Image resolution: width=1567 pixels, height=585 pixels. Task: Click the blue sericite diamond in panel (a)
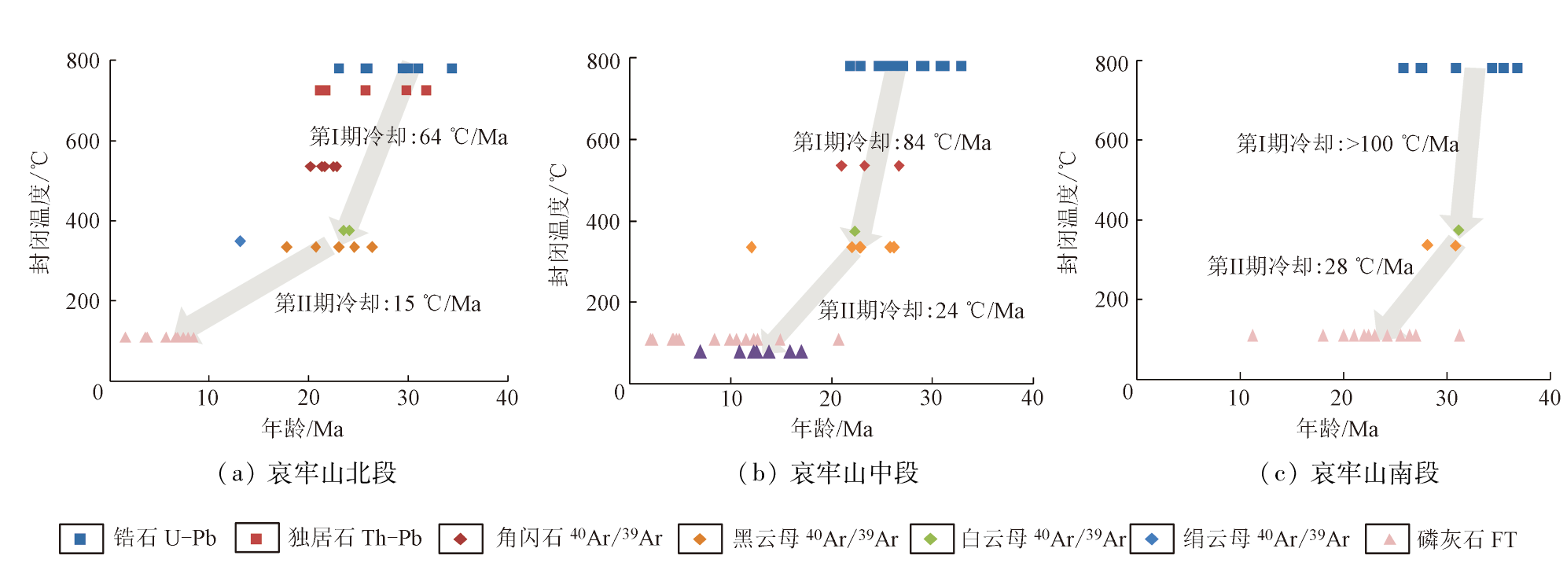(x=241, y=241)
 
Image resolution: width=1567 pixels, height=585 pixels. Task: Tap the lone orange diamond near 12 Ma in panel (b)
(x=751, y=247)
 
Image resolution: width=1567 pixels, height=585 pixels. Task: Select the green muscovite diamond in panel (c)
(x=1458, y=230)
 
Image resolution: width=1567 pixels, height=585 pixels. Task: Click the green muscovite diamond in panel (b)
(x=855, y=231)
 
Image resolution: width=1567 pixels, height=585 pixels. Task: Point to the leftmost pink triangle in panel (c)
(x=1252, y=336)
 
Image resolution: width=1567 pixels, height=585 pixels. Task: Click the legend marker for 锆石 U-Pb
(x=80, y=539)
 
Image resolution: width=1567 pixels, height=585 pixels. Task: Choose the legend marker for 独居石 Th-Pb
(x=256, y=539)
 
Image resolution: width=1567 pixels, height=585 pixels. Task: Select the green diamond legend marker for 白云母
(x=931, y=539)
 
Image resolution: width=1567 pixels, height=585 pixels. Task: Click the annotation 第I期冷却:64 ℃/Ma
(x=408, y=137)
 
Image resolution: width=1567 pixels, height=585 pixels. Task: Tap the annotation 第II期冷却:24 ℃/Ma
(x=921, y=311)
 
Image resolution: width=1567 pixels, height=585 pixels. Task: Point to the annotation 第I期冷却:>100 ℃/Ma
(x=1347, y=143)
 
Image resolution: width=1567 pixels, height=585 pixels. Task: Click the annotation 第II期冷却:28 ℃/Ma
(x=1310, y=267)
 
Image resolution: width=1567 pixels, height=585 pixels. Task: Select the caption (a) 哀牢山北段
(x=307, y=473)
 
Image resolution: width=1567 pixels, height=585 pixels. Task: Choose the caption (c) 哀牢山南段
(x=1349, y=473)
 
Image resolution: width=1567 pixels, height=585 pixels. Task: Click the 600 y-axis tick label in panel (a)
(x=83, y=142)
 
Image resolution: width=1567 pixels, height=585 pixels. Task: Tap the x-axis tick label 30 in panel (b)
(x=931, y=398)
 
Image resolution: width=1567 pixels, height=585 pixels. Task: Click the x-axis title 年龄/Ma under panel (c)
(x=1337, y=429)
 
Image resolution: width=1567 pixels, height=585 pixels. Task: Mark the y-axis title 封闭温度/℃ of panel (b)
(x=557, y=225)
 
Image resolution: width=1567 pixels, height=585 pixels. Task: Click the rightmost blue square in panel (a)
(x=452, y=68)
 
